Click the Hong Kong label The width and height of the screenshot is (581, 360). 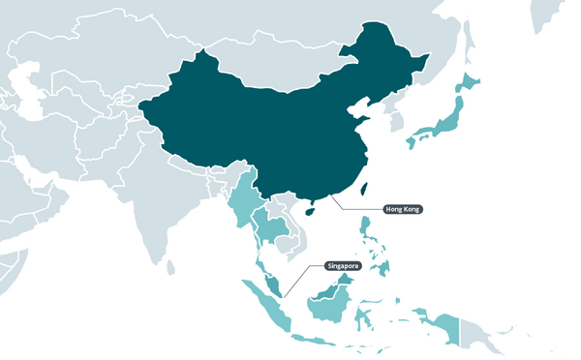pos(403,209)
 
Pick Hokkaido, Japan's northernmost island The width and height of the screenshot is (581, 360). pos(470,82)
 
